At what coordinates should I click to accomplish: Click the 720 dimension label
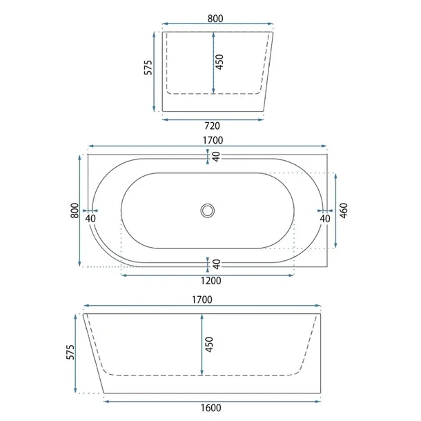click(212, 126)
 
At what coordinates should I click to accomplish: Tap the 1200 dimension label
click(211, 281)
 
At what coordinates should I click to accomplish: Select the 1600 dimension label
click(211, 408)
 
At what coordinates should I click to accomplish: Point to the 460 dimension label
click(344, 210)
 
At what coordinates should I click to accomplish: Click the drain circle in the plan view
click(208, 210)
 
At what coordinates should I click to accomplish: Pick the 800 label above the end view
click(215, 19)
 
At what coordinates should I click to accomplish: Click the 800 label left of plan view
click(75, 210)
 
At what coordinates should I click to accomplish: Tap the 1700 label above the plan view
click(213, 140)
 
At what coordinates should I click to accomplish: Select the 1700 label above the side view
click(202, 300)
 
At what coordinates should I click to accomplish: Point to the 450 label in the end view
click(219, 62)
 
